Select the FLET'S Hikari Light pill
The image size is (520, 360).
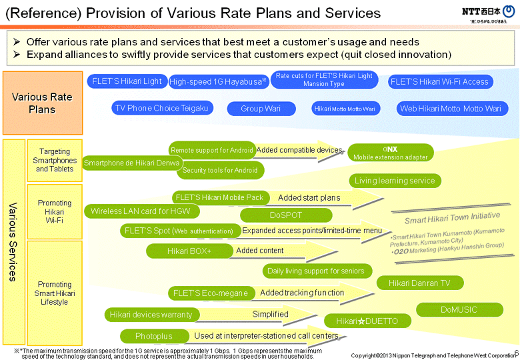127,81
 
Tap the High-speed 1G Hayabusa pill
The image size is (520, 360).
218,81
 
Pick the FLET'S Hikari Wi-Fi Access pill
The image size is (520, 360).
439,81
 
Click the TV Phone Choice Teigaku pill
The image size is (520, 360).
162,108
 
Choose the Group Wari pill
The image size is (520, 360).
261,109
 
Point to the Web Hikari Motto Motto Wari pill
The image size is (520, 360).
451,109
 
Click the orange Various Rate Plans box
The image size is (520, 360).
42,103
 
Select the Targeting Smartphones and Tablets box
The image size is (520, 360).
55,160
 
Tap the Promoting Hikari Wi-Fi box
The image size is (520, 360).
55,211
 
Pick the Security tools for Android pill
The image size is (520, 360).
220,171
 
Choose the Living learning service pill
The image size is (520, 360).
395,181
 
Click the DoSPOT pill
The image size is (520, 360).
286,215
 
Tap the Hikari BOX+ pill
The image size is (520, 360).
189,251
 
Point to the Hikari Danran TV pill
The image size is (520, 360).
419,283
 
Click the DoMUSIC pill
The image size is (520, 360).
459,309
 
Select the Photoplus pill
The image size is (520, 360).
153,336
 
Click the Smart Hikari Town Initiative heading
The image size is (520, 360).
452,217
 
